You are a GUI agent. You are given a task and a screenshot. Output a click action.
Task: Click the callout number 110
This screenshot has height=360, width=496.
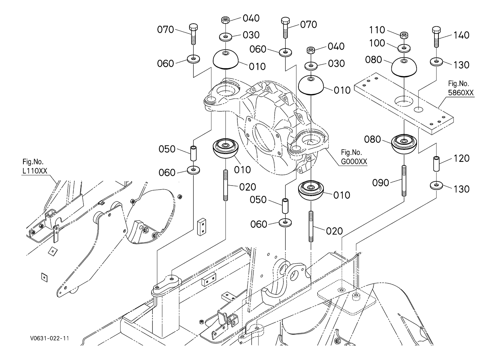[377, 30]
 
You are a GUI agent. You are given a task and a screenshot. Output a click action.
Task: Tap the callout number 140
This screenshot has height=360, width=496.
[461, 35]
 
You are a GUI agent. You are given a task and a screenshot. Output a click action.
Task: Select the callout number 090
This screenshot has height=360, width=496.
[381, 183]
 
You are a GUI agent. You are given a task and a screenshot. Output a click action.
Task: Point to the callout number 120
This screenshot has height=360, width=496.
[461, 158]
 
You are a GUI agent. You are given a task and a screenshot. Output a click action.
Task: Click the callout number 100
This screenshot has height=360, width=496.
[377, 43]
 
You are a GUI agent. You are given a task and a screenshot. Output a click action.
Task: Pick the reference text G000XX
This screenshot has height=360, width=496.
[354, 162]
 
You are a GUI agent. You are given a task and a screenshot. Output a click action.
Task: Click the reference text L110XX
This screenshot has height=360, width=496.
[35, 171]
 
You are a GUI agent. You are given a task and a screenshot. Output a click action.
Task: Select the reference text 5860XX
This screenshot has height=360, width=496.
[460, 92]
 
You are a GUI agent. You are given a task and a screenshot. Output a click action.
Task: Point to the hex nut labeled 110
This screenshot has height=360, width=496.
[404, 35]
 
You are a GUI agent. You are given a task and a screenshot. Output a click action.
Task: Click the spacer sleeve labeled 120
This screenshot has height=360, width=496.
[436, 164]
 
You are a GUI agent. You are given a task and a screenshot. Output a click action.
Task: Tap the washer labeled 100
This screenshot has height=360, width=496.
[404, 47]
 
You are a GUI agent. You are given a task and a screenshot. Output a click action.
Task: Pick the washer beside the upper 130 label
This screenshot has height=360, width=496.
[436, 61]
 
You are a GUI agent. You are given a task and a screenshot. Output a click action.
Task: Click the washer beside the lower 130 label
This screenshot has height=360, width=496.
[436, 186]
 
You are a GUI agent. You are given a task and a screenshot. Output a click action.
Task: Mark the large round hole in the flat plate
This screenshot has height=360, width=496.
[404, 101]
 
